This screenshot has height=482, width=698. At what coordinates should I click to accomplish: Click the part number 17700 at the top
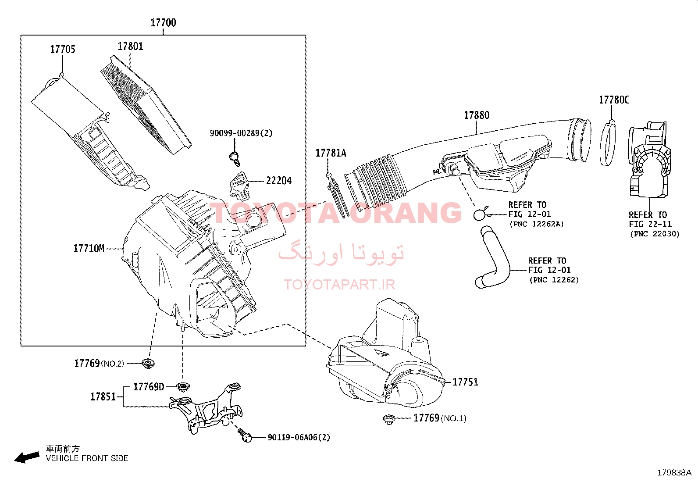click(163, 23)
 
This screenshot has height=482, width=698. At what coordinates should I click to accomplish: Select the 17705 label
click(63, 49)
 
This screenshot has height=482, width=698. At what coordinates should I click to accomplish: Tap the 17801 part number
click(130, 46)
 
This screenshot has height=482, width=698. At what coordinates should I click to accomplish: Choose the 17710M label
click(89, 249)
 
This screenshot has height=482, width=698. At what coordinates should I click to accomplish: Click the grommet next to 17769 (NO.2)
click(148, 364)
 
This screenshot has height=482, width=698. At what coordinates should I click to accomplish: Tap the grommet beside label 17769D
click(183, 387)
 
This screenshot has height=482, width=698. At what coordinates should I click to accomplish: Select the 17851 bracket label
click(103, 396)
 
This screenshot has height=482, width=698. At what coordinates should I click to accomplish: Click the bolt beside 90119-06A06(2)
click(245, 435)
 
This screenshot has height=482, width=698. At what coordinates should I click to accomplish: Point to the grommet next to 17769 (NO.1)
click(389, 419)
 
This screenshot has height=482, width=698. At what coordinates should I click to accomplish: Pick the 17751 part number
click(465, 382)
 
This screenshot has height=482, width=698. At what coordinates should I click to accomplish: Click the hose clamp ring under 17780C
click(608, 143)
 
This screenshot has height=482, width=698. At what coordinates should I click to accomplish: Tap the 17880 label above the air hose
click(477, 115)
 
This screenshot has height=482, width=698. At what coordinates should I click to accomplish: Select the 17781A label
click(331, 153)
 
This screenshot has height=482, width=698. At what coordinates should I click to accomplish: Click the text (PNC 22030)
click(655, 234)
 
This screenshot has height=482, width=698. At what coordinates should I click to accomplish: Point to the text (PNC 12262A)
click(537, 224)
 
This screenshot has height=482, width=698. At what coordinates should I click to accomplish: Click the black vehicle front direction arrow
click(27, 457)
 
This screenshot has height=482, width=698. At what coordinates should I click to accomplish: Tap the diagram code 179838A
click(674, 473)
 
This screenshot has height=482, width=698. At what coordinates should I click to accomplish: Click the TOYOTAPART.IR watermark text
click(339, 284)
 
